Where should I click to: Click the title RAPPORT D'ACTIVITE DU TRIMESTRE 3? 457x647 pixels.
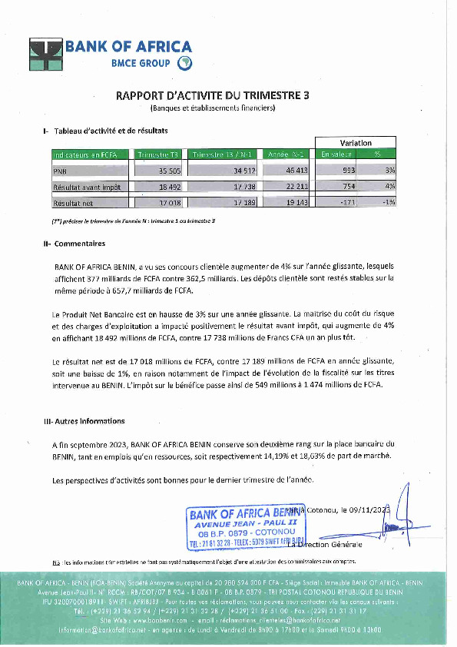[213, 96]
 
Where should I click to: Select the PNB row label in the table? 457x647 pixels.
[60, 171]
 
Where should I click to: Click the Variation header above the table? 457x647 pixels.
[356, 143]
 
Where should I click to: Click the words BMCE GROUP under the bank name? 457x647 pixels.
[138, 63]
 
